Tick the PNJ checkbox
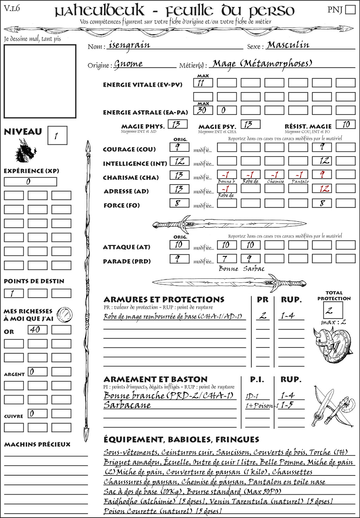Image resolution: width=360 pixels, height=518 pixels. point(350,9)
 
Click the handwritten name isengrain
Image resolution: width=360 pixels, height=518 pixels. point(129,45)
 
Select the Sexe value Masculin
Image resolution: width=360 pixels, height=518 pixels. point(288,45)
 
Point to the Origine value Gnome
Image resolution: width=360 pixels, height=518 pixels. point(128,64)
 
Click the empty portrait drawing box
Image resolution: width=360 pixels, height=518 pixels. point(40,81)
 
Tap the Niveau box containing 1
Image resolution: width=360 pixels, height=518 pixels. point(57,136)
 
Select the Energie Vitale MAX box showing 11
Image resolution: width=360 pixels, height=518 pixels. point(203,83)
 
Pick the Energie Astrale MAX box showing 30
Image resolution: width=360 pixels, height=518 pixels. point(203,110)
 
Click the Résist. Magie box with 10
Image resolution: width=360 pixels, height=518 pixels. point(345,124)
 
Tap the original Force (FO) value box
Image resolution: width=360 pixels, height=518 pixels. point(179,203)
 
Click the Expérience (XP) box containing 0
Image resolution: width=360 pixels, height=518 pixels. point(30,182)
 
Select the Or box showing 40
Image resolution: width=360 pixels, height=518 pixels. point(37,330)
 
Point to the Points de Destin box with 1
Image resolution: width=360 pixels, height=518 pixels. point(14,293)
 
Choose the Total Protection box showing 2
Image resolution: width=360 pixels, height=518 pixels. point(333,310)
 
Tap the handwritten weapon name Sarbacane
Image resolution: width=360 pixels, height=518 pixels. point(127,405)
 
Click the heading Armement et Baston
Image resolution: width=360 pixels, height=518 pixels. point(155,379)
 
